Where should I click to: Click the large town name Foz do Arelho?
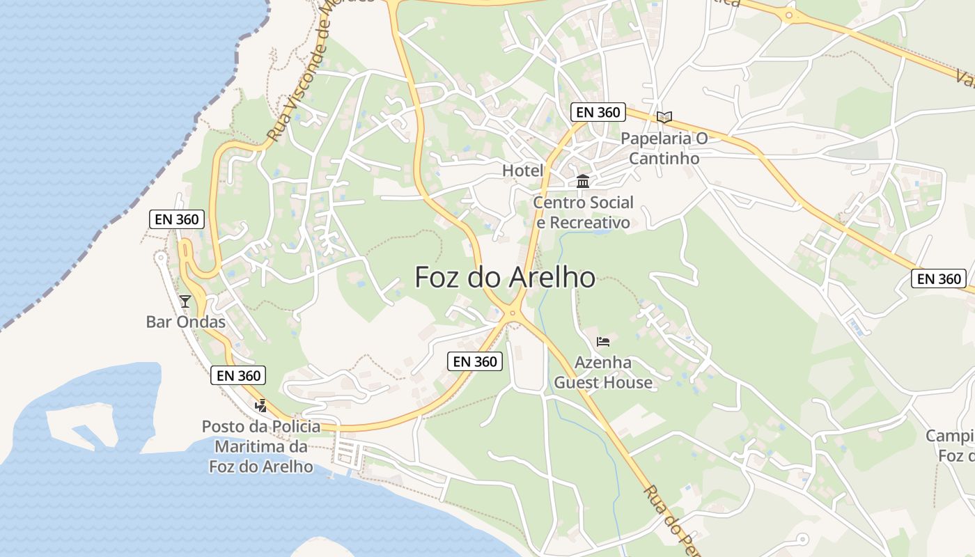click(x=505, y=277)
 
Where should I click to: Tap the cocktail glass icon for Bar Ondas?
click(x=185, y=301)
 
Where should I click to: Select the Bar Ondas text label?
click(x=186, y=322)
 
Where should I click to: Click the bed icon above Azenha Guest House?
click(x=603, y=341)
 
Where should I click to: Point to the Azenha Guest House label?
click(x=603, y=372)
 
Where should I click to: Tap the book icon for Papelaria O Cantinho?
click(x=664, y=117)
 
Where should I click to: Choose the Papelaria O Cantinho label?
click(x=664, y=148)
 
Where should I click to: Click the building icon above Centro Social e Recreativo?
click(x=583, y=182)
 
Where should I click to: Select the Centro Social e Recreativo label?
click(x=583, y=212)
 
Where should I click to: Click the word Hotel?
click(x=522, y=171)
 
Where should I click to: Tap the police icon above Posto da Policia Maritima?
click(x=261, y=405)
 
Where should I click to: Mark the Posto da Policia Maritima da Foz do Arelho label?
click(x=261, y=446)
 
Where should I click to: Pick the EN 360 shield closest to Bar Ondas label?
click(x=177, y=219)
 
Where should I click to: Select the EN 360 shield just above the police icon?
click(x=239, y=375)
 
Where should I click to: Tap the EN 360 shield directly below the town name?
click(x=476, y=361)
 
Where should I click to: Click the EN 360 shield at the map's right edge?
click(x=939, y=278)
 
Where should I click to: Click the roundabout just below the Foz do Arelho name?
click(x=513, y=314)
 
